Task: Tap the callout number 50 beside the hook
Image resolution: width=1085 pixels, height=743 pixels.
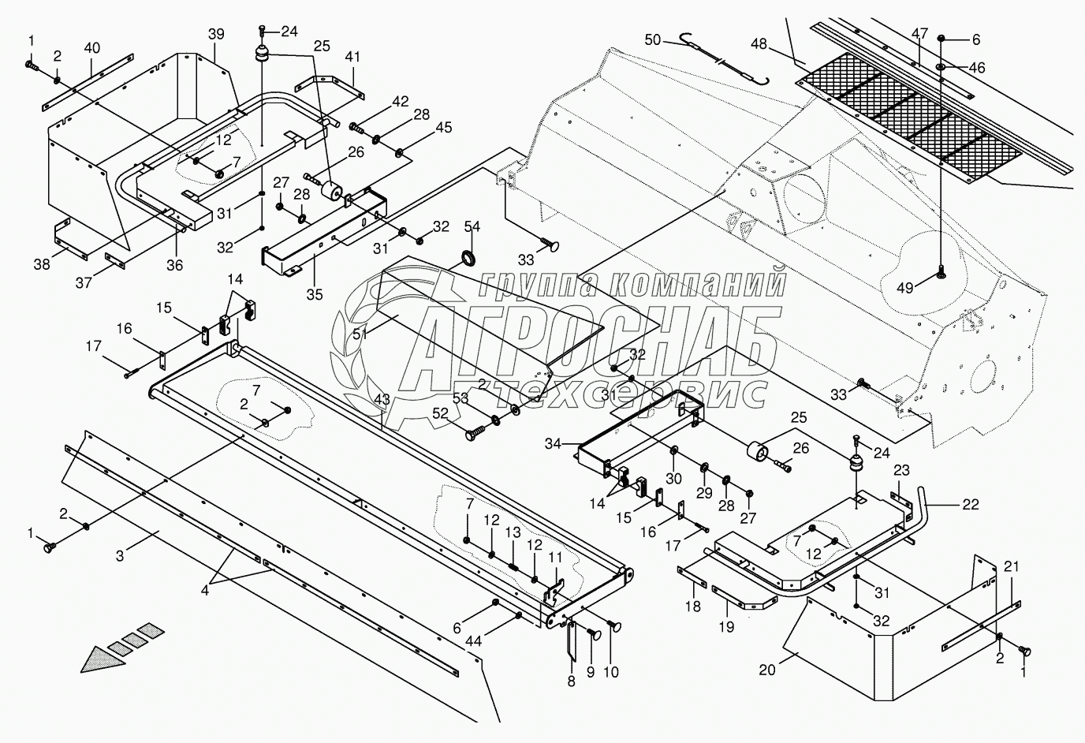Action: [652, 39]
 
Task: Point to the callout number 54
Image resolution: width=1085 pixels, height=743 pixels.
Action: [472, 227]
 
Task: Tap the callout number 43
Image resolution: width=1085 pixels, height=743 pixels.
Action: [382, 401]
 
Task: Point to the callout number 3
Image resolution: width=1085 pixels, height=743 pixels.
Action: [121, 557]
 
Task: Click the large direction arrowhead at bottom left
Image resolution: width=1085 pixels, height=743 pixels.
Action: [103, 659]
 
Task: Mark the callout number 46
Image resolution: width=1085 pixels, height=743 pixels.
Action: [975, 69]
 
